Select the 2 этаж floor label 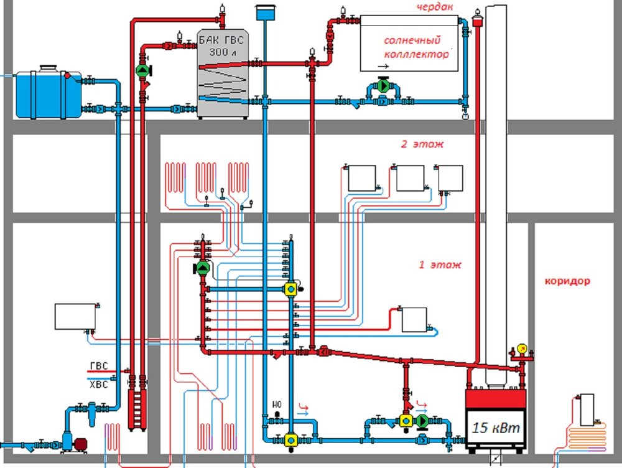[x=422, y=144]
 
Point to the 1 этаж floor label [x=440, y=264]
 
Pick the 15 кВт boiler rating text [x=495, y=428]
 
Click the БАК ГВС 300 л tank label [x=222, y=45]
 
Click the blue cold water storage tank [x=48, y=93]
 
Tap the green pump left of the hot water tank [x=143, y=70]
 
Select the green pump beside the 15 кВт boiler [x=422, y=421]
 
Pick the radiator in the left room [x=74, y=317]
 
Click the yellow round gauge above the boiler [x=522, y=349]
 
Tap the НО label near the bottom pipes [x=277, y=405]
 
